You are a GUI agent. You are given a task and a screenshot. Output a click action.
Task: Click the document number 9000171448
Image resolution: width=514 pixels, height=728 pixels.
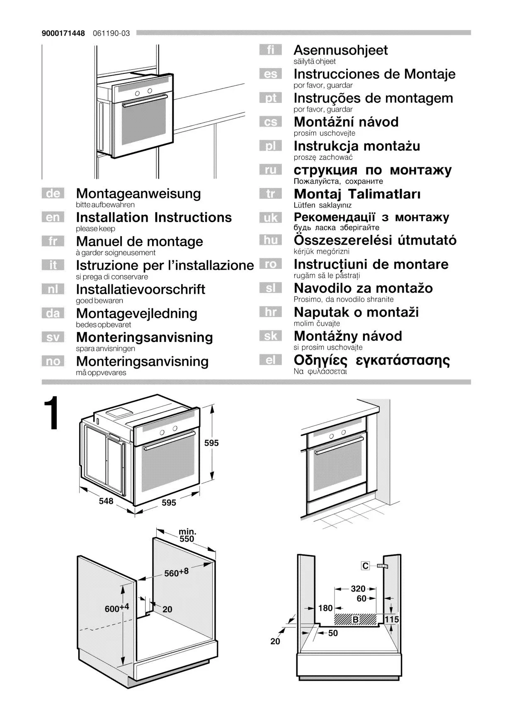pyautogui.click(x=63, y=33)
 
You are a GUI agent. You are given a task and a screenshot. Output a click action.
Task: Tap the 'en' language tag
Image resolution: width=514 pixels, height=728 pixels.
pyautogui.click(x=53, y=217)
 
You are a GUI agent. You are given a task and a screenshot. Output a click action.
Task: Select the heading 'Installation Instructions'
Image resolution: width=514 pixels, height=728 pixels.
pyautogui.click(x=154, y=217)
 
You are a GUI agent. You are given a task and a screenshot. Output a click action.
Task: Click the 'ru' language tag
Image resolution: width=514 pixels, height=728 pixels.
pyautogui.click(x=270, y=170)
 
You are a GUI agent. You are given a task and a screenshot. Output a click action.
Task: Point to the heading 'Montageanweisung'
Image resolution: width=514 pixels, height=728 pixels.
pyautogui.click(x=138, y=193)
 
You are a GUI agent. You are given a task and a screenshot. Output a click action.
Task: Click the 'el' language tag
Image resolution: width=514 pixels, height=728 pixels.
pyautogui.click(x=270, y=360)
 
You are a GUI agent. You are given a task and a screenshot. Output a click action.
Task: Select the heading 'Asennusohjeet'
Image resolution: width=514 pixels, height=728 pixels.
pyautogui.click(x=340, y=50)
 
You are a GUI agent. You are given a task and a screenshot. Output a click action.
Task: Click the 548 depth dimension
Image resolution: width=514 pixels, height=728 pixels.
pyautogui.click(x=106, y=501)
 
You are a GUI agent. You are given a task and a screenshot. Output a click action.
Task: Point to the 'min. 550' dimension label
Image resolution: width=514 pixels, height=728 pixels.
pyautogui.click(x=187, y=535)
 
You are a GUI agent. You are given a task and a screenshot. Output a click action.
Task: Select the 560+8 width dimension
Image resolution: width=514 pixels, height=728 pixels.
pyautogui.click(x=176, y=573)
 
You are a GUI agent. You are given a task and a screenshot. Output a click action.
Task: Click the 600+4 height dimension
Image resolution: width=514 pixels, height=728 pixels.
pyautogui.click(x=117, y=608)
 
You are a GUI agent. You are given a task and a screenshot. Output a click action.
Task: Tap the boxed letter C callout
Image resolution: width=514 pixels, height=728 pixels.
pyautogui.click(x=365, y=566)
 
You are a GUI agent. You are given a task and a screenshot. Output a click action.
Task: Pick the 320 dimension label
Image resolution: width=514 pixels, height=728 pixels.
pyautogui.click(x=358, y=589)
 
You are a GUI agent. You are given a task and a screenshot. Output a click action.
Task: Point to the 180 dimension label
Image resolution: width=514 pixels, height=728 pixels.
pyautogui.click(x=325, y=608)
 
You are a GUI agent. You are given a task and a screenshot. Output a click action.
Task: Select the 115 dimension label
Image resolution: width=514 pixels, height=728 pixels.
pyautogui.click(x=392, y=619)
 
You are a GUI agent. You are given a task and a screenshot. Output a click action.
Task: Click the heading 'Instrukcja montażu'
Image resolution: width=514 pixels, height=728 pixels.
pyautogui.click(x=356, y=146)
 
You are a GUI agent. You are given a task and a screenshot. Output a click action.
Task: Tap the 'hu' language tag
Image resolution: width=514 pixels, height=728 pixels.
pyautogui.click(x=270, y=240)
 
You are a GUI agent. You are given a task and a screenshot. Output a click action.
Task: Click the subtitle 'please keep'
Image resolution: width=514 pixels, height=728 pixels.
pyautogui.click(x=95, y=229)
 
